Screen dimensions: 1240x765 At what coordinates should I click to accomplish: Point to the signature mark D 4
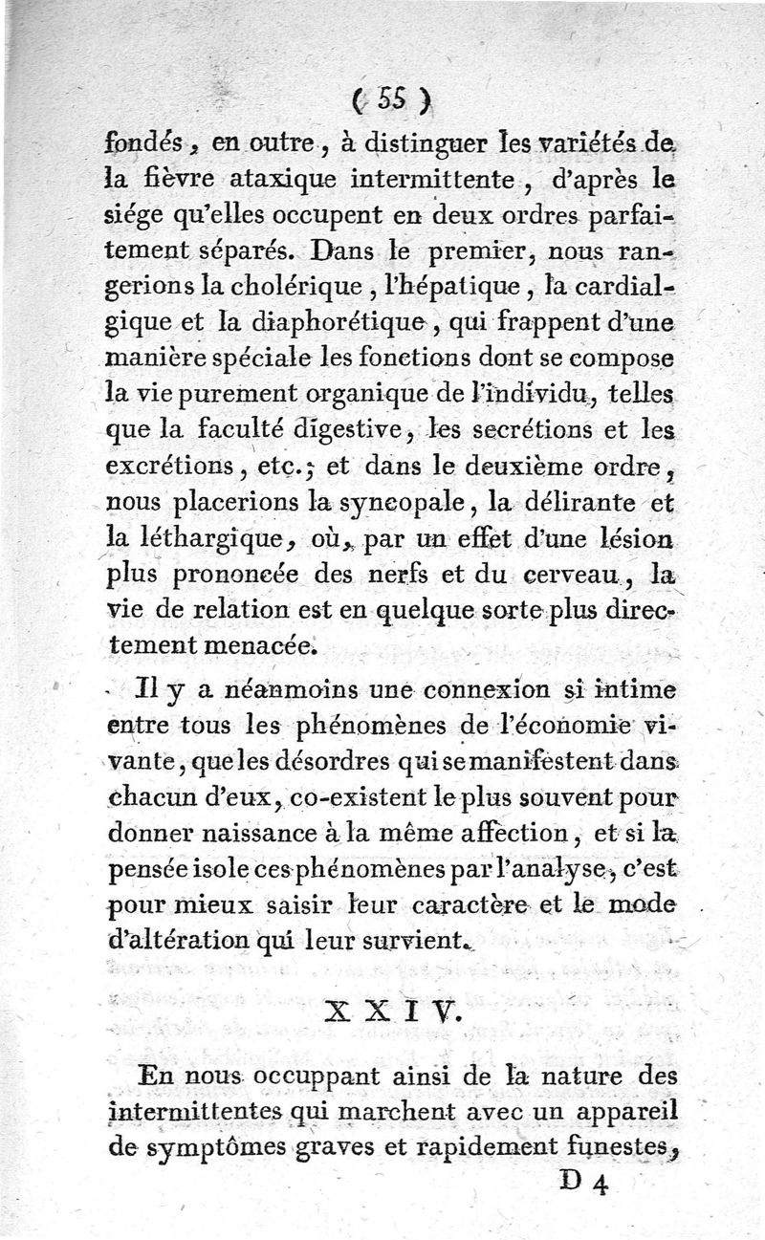click(584, 1184)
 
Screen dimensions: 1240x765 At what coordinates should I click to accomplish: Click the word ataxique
click(274, 179)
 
